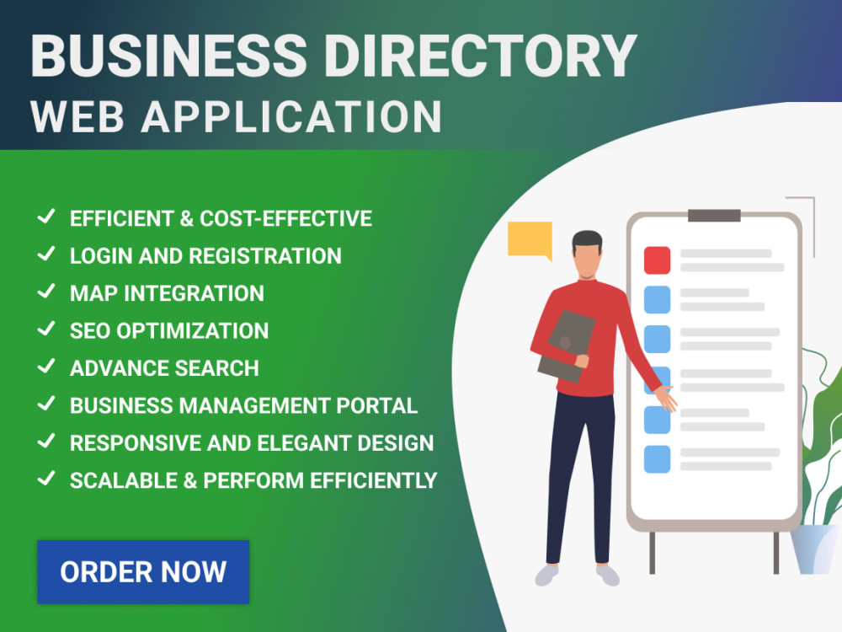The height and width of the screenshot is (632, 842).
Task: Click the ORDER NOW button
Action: pos(143,572)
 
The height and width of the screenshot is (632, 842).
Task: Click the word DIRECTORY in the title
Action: pos(480,56)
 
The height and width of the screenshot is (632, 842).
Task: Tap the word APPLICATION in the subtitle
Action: pos(291,116)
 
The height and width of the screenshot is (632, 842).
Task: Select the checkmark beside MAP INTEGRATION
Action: pos(46,292)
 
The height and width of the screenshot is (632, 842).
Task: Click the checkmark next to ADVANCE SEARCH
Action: pos(46,367)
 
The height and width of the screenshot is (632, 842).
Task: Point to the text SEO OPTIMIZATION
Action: pos(169,330)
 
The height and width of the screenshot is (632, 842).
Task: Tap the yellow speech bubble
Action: pos(530,239)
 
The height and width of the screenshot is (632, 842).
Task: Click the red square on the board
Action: pos(658,260)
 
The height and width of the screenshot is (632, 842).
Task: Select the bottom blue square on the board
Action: pos(658,459)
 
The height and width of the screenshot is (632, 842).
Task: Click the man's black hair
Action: pos(587,241)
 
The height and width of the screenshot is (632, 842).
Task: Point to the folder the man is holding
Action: pos(566,346)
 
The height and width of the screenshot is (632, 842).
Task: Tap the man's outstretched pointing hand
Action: pos(666,399)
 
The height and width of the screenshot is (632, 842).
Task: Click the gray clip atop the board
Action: pos(714,216)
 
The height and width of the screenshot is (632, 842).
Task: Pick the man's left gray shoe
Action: pos(547,575)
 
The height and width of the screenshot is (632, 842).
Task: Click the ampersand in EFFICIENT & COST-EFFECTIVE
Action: pos(186,219)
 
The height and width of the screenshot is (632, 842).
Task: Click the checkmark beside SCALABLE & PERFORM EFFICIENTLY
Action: pos(46,479)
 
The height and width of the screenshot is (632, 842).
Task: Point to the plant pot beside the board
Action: pos(814,549)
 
